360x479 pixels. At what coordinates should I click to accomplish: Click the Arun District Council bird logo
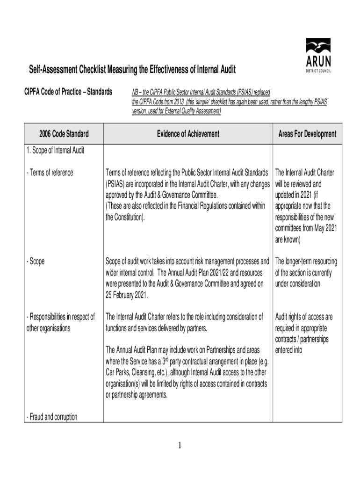click(x=318, y=46)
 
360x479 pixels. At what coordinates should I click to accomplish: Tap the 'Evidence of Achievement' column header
click(x=188, y=134)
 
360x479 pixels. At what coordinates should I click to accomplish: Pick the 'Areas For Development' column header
click(x=307, y=134)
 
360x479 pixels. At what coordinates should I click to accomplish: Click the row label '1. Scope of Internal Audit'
click(x=55, y=151)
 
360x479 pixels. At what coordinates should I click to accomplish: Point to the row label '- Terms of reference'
click(x=50, y=173)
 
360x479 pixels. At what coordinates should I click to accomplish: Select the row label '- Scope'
click(x=36, y=261)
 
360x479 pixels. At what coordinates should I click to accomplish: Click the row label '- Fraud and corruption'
click(x=52, y=417)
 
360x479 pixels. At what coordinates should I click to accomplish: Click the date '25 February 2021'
click(x=126, y=295)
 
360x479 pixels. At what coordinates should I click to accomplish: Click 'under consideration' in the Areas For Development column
click(x=298, y=284)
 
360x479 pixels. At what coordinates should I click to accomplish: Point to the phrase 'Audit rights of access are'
click(x=304, y=317)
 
